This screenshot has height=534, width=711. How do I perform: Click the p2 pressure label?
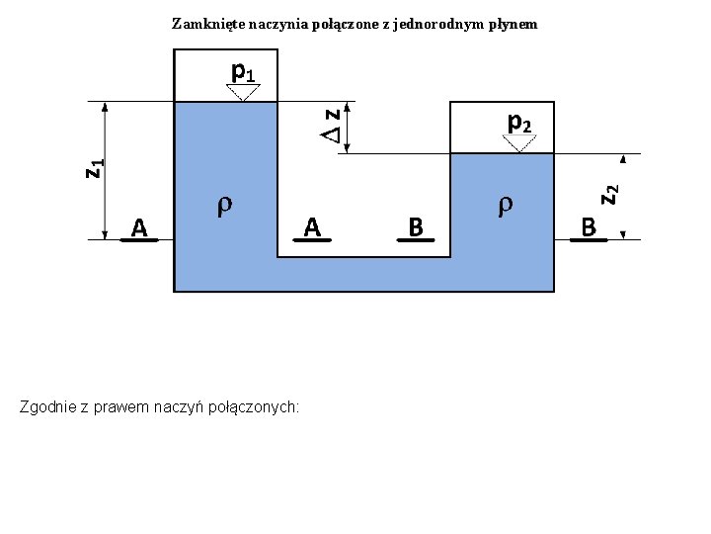(x=519, y=123)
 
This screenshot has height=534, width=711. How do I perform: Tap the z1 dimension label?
(x=94, y=169)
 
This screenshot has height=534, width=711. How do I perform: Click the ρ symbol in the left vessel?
(x=224, y=205)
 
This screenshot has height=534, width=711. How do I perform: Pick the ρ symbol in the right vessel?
(x=505, y=205)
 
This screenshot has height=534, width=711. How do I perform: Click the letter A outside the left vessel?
(x=139, y=228)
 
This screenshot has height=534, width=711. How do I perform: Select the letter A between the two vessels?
(x=312, y=228)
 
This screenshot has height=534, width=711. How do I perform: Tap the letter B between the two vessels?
(x=416, y=228)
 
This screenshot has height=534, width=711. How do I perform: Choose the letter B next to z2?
(x=589, y=228)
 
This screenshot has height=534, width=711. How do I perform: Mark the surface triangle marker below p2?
(x=519, y=143)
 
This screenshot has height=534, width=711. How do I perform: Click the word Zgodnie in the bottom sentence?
(x=46, y=406)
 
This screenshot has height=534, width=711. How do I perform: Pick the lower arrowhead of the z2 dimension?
(x=623, y=233)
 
